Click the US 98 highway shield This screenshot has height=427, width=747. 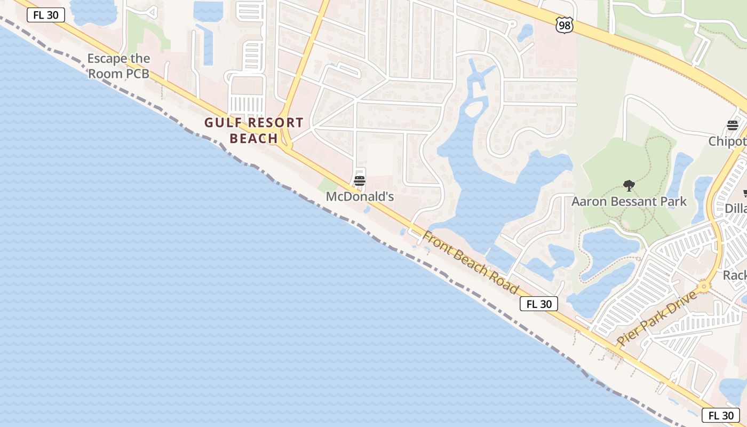click(x=563, y=25)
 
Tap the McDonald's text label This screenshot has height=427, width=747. click(x=360, y=196)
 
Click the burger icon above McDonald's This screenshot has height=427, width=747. click(x=360, y=180)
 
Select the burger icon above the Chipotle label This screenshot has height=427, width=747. click(x=733, y=125)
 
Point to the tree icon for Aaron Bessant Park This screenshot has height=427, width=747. click(x=629, y=186)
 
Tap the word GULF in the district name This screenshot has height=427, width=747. click(x=224, y=123)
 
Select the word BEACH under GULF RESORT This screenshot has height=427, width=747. click(x=254, y=139)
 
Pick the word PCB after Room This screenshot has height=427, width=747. click(x=138, y=74)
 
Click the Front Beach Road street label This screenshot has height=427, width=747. click(x=471, y=262)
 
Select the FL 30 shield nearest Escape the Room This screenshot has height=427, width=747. click(x=46, y=15)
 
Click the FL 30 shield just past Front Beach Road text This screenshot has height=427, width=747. click(x=539, y=304)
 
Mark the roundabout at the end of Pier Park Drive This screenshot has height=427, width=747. click(x=704, y=287)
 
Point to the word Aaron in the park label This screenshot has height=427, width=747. click(x=589, y=201)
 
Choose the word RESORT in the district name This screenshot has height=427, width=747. click(x=269, y=123)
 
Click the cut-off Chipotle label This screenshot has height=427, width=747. click(x=727, y=141)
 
